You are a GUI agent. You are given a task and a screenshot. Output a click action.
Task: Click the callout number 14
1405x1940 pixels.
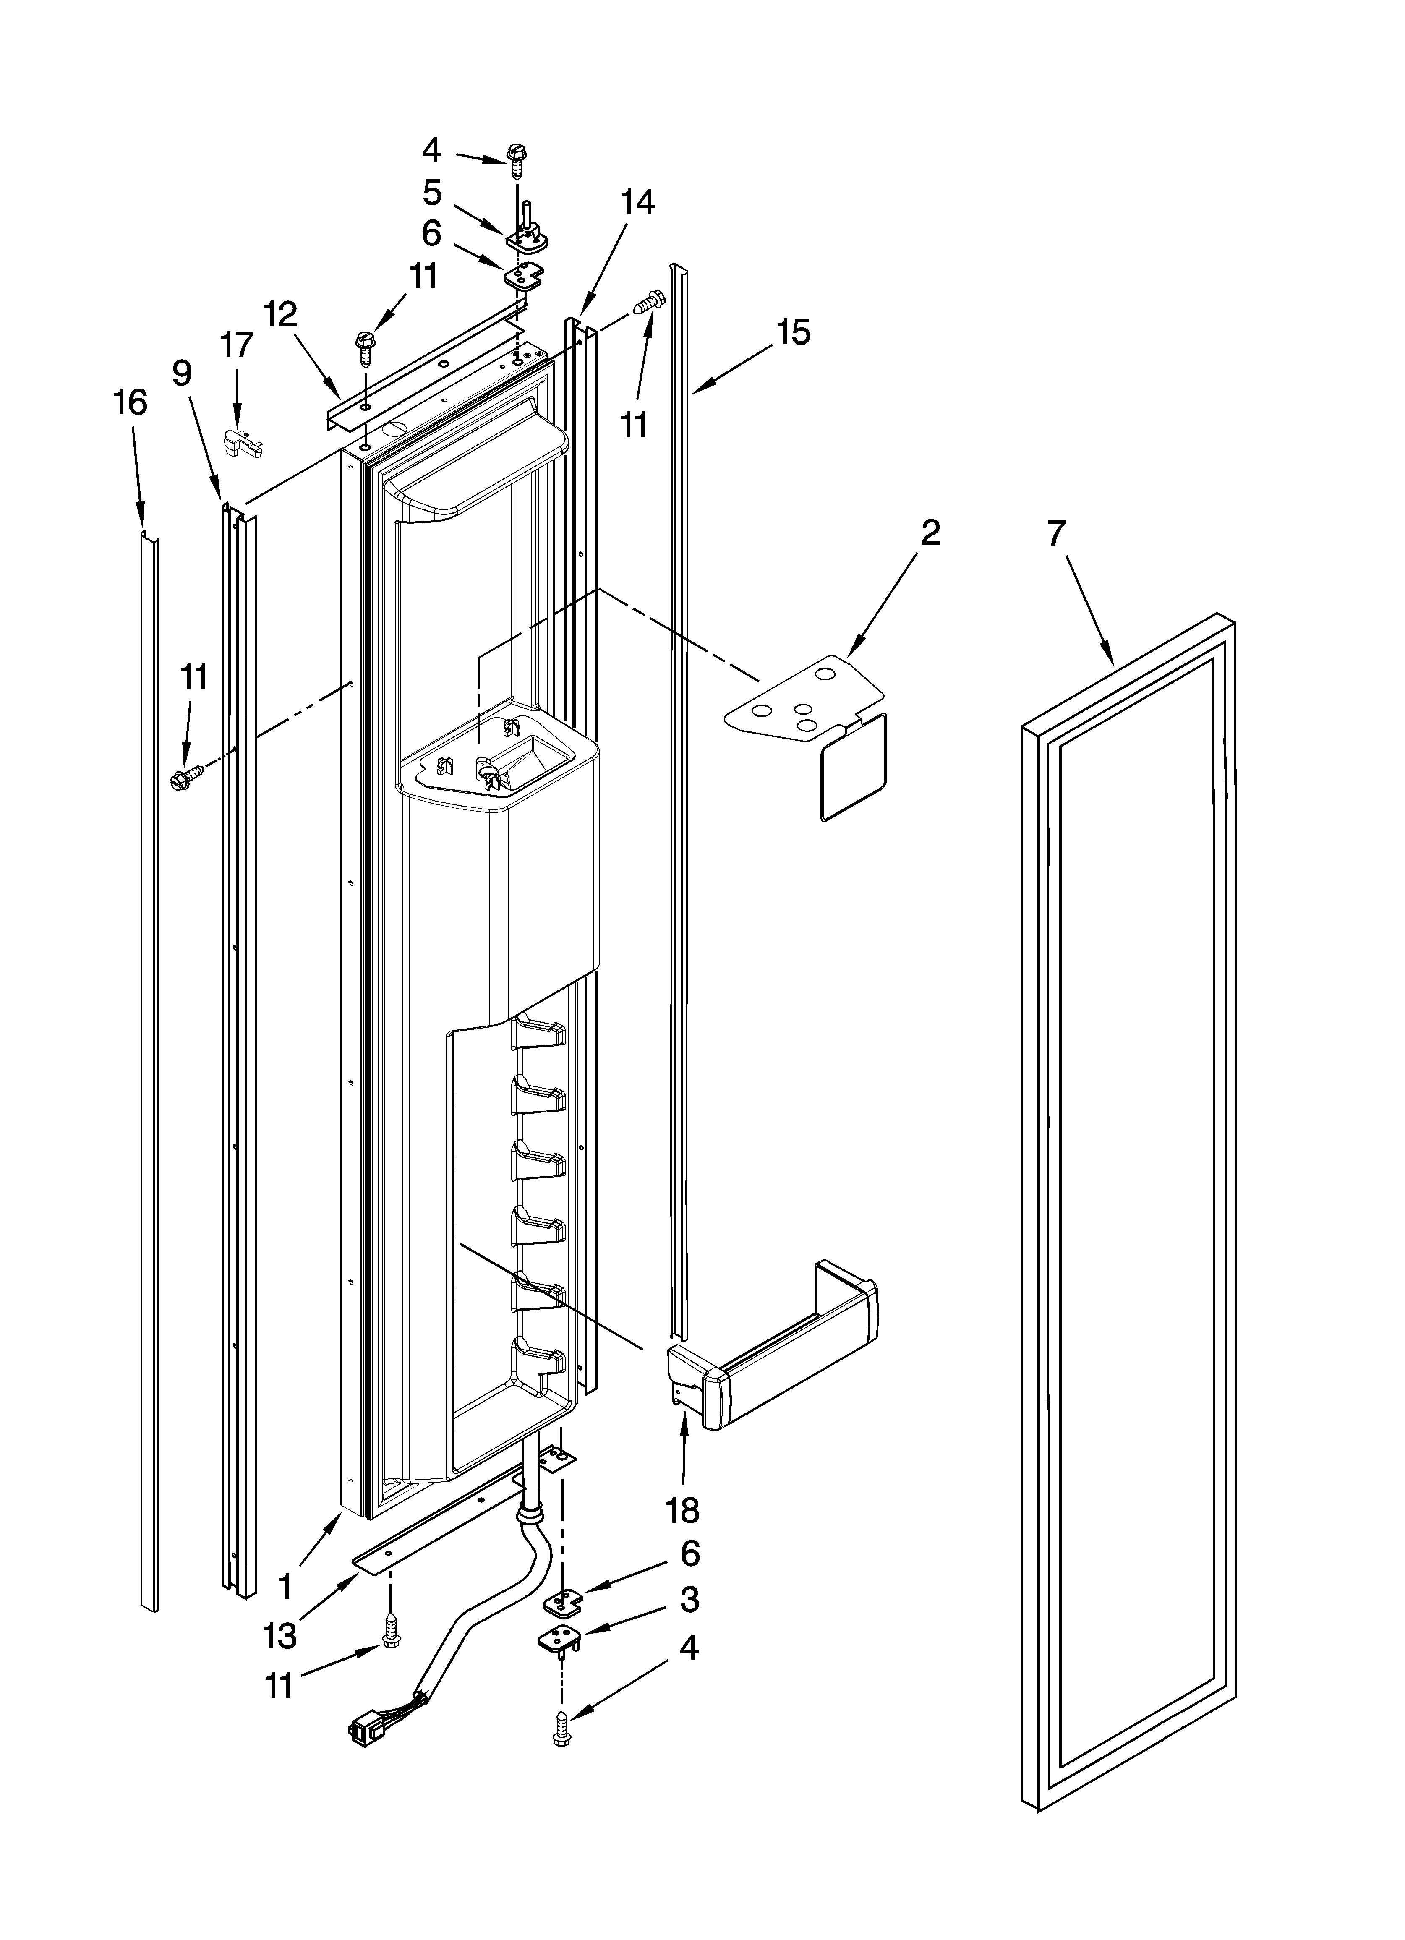[637, 203]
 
